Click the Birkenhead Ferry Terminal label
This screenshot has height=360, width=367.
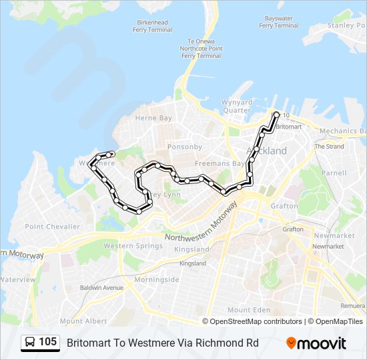(x=151, y=26)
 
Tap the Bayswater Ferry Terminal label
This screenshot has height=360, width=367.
(x=278, y=22)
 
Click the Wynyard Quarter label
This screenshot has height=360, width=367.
(x=237, y=107)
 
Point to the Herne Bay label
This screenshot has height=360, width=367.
(x=153, y=118)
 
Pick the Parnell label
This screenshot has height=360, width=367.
(x=334, y=173)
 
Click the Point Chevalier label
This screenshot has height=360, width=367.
(x=53, y=227)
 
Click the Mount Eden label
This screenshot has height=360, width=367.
(x=248, y=309)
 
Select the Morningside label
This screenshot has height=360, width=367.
(x=156, y=279)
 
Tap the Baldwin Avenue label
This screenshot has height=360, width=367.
(x=101, y=287)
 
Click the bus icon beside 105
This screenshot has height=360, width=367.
(x=31, y=343)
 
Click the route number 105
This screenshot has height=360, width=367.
(x=47, y=343)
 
